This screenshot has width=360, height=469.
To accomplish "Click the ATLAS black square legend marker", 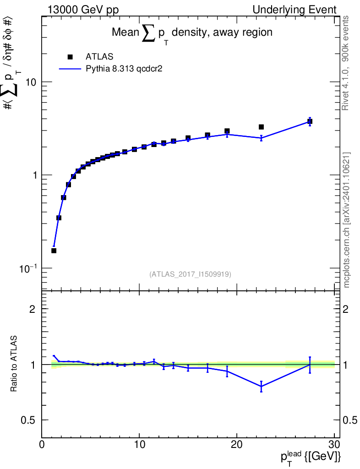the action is [x=70, y=57].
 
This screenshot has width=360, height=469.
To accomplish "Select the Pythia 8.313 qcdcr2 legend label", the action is [x=124, y=69].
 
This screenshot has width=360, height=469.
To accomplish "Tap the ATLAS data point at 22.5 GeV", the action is [x=261, y=127].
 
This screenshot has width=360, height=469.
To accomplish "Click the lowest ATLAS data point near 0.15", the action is [x=54, y=251].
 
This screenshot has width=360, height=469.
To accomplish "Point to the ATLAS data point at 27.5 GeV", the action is [x=310, y=121].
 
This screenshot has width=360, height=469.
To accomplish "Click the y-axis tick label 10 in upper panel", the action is [x=31, y=82].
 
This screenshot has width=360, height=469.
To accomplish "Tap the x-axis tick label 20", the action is [x=236, y=444].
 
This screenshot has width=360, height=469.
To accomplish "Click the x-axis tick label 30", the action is [x=334, y=444].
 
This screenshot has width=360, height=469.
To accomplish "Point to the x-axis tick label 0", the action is [x=42, y=444].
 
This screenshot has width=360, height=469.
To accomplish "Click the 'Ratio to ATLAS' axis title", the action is [x=14, y=363].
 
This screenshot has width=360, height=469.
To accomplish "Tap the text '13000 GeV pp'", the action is [x=83, y=10].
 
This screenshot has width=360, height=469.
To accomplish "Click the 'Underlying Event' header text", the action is [x=295, y=10].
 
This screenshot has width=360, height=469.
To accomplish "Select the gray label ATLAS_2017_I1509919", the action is [x=190, y=274].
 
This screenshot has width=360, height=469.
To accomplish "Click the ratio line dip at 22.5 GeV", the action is [x=262, y=387].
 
